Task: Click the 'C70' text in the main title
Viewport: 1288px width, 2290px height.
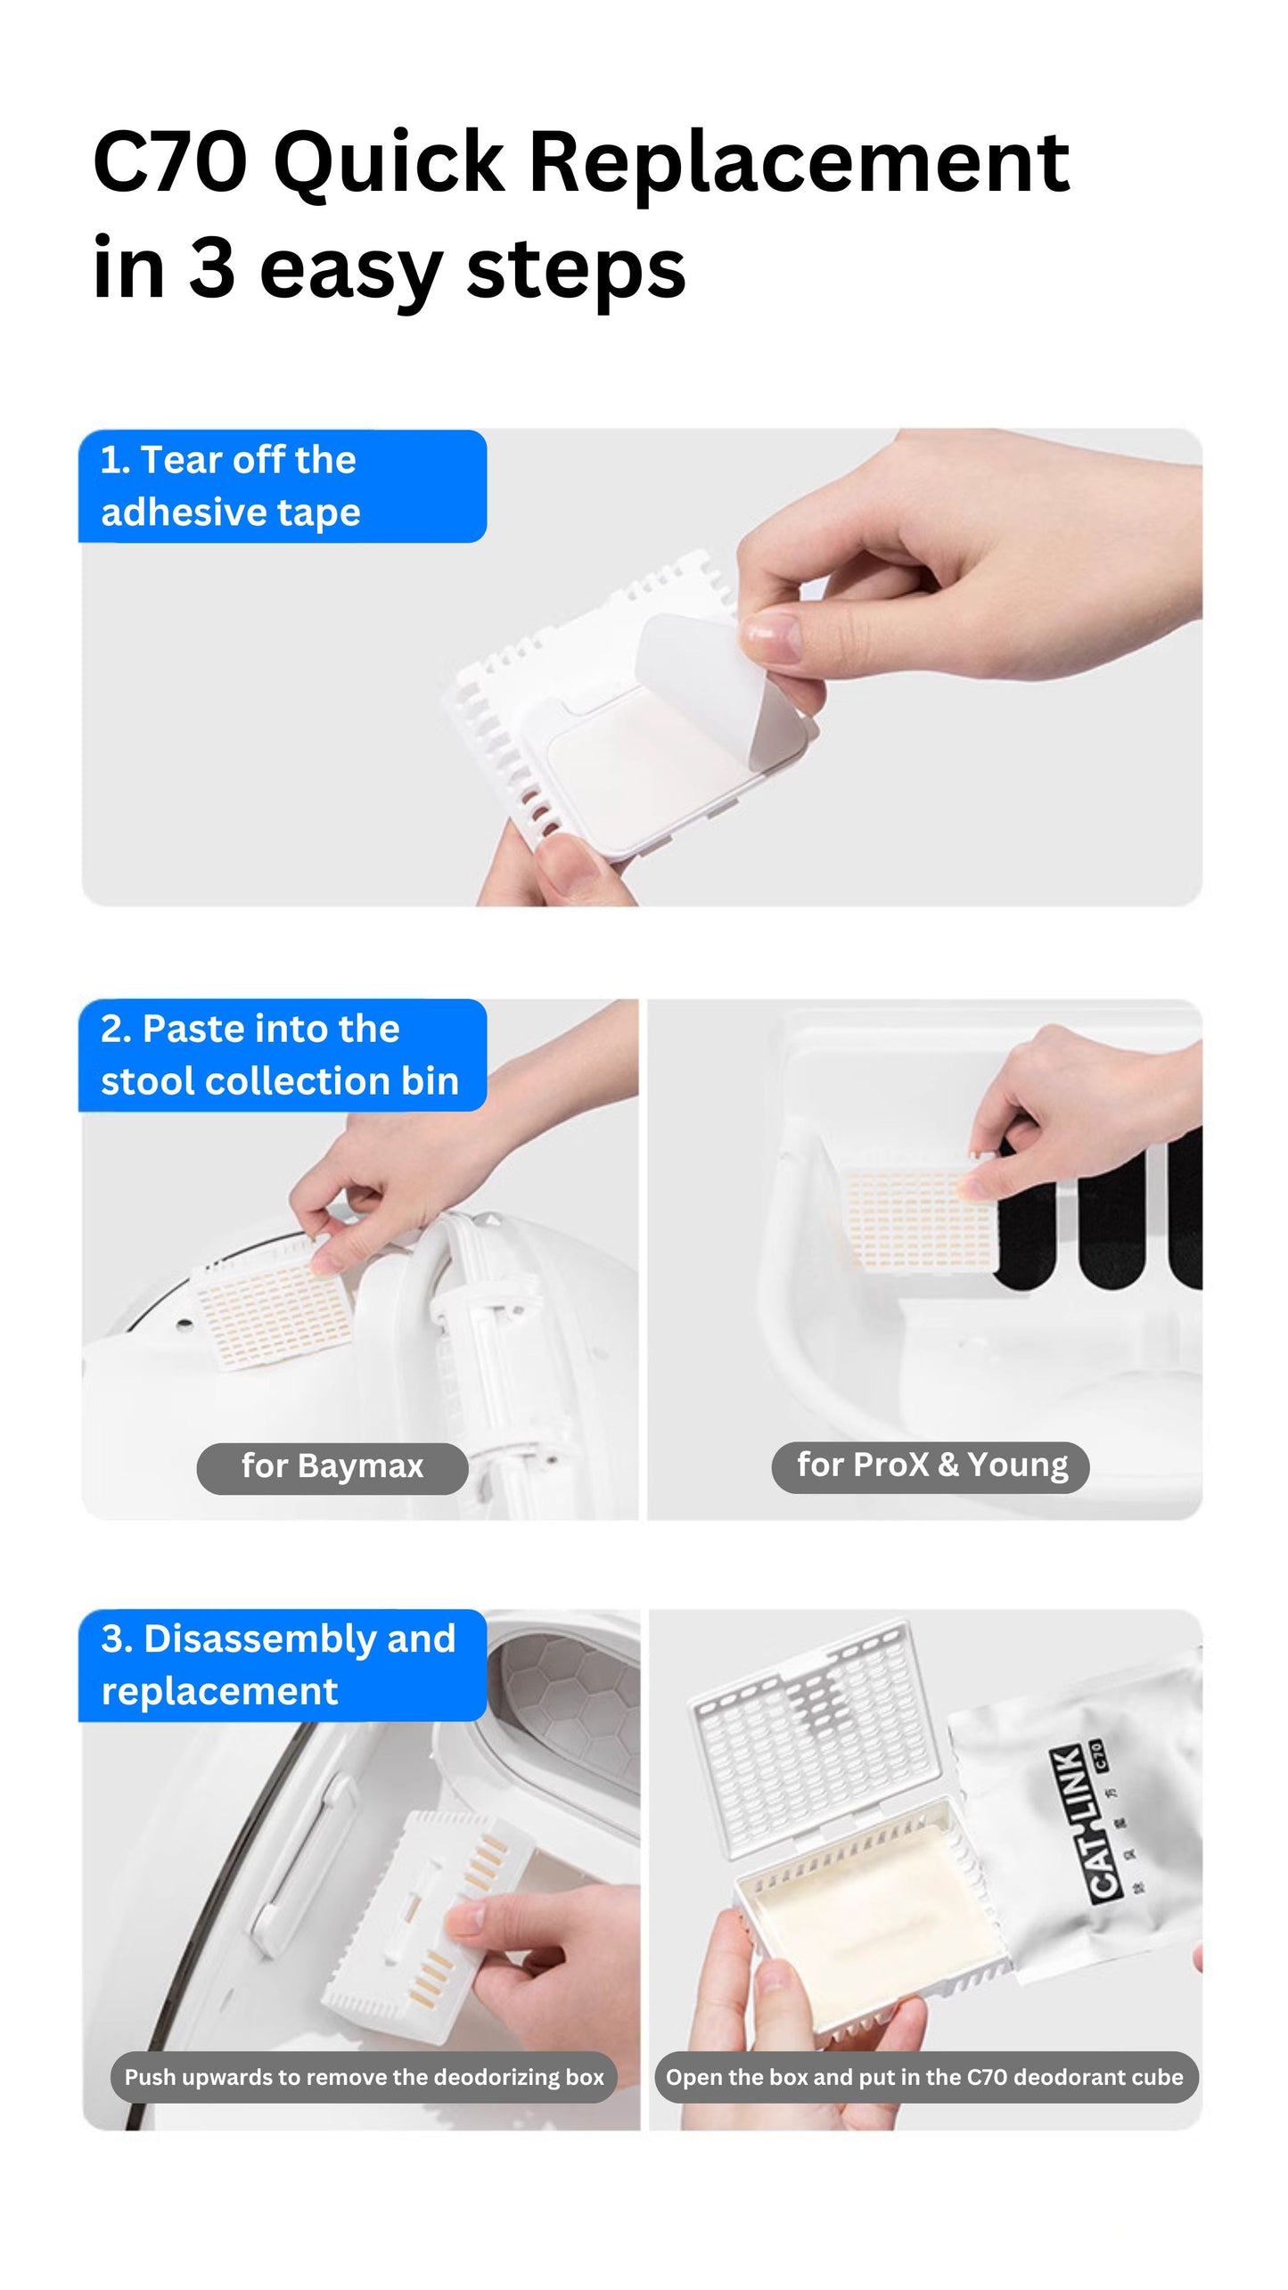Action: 169,162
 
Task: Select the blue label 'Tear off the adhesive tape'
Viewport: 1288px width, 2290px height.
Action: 282,487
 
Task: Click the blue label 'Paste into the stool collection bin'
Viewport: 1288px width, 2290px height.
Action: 282,1055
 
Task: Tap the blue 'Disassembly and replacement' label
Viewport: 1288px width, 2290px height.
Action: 282,1664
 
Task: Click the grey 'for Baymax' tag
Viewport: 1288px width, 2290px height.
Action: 332,1465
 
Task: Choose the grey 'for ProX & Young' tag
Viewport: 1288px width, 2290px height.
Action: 930,1465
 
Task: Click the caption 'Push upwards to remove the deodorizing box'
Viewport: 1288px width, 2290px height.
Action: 364,2077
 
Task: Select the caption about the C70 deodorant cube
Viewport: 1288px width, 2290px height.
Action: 924,2077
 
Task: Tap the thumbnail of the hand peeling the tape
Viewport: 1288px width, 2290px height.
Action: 642,669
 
